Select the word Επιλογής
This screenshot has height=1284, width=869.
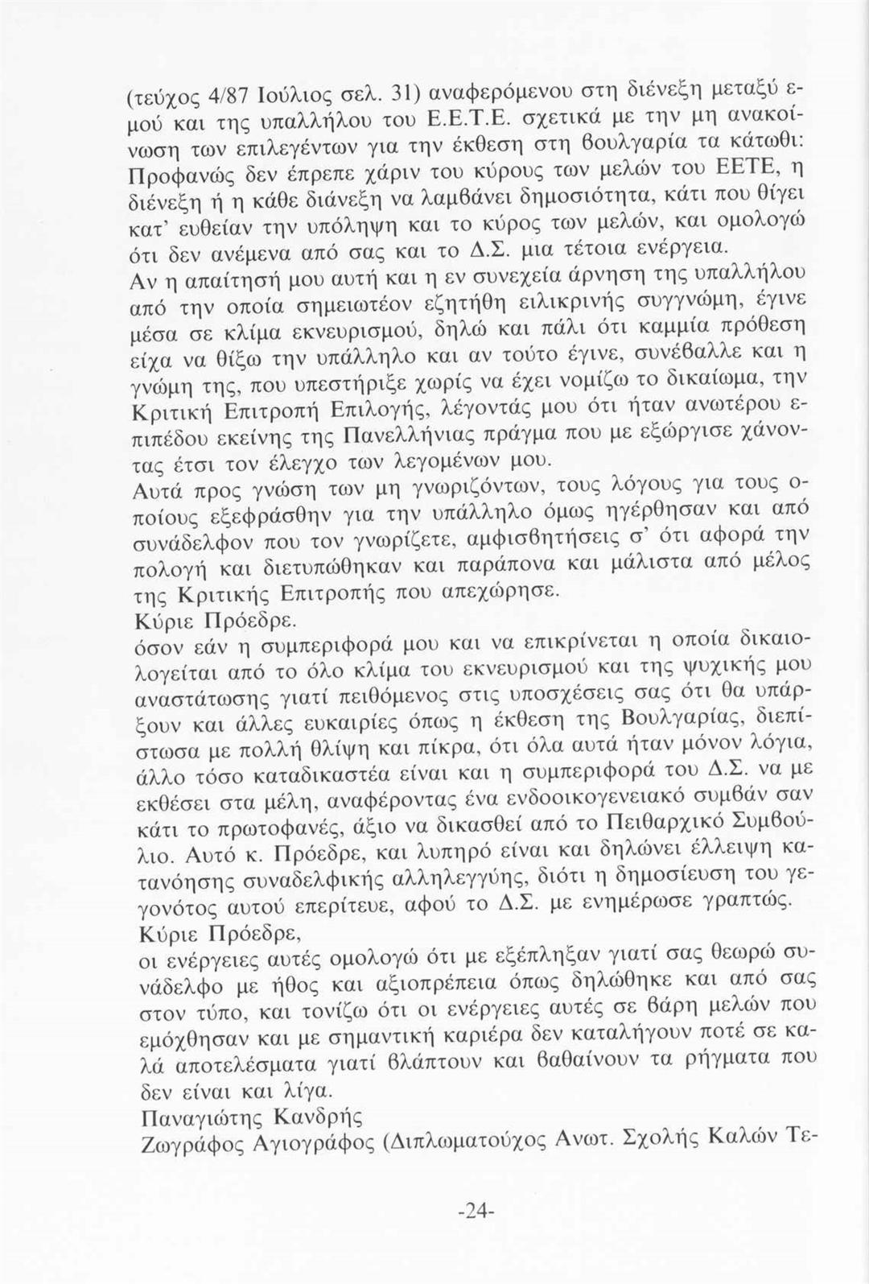373,411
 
